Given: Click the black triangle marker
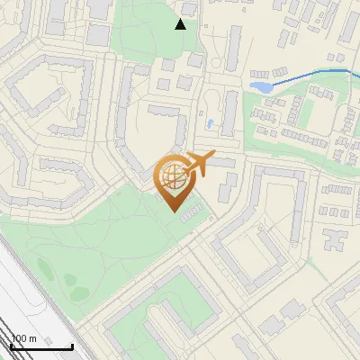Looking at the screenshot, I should pos(180,24).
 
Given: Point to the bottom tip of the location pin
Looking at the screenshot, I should pos(174,211).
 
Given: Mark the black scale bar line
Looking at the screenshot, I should pos(41,346).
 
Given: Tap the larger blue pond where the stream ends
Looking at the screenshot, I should pos(259,87).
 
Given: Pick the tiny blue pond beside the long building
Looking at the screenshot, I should pos(210,122).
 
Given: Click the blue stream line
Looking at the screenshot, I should pos(306,75).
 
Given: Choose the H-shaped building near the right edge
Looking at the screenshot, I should pos(334,239).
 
